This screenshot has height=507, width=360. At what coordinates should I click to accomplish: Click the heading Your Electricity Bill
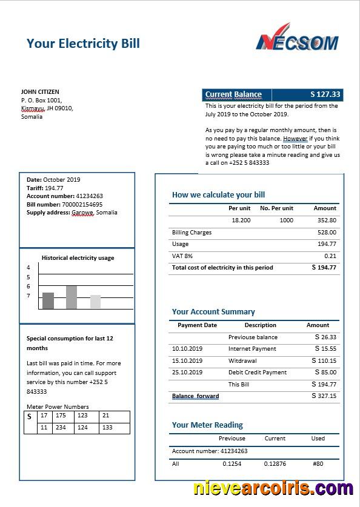coord(83,43)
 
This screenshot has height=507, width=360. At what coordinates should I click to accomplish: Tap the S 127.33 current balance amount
coord(325,94)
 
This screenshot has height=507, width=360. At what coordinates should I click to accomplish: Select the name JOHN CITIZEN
coord(41,91)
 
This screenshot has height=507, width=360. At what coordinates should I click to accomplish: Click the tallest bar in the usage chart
coord(72,297)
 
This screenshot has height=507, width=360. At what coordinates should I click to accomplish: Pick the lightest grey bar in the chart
coord(95,301)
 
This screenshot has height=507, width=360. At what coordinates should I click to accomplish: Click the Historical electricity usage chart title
coord(78,257)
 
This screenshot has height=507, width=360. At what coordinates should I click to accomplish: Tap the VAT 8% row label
coord(182,256)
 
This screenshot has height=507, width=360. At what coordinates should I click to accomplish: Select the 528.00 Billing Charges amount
coord(327,233)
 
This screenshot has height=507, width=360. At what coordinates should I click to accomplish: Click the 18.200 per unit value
coord(241,220)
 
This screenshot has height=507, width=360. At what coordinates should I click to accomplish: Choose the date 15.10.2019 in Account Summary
coord(187,360)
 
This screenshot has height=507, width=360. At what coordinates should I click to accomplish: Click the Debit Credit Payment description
coord(257,373)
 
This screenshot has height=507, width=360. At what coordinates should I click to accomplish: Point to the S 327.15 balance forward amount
coord(324,396)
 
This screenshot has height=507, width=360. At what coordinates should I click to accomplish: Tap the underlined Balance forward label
coord(195,396)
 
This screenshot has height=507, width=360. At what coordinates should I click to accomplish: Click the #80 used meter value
coord(318,463)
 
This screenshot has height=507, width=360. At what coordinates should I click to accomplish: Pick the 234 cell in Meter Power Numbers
coord(61,428)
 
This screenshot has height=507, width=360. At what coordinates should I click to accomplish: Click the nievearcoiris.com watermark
coord(273,488)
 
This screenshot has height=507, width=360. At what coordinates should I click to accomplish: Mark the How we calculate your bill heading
coord(218,195)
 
